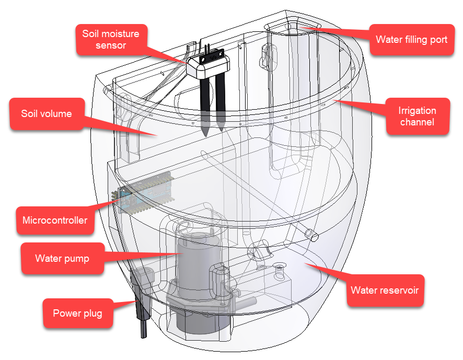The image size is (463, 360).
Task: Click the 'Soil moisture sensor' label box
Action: (111, 40)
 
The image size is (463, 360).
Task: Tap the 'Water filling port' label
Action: (411, 39)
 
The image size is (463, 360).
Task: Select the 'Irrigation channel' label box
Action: (417, 117)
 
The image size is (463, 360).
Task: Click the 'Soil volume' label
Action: (47, 114)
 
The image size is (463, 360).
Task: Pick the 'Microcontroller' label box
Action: (55, 220)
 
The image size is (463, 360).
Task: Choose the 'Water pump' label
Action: (62, 258)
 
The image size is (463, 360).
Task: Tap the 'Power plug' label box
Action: (77, 313)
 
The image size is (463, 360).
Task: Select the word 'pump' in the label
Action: (77, 258)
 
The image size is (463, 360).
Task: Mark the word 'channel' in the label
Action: (417, 122)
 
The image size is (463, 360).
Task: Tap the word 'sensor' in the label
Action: (111, 46)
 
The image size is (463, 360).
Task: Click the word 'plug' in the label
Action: (92, 313)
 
